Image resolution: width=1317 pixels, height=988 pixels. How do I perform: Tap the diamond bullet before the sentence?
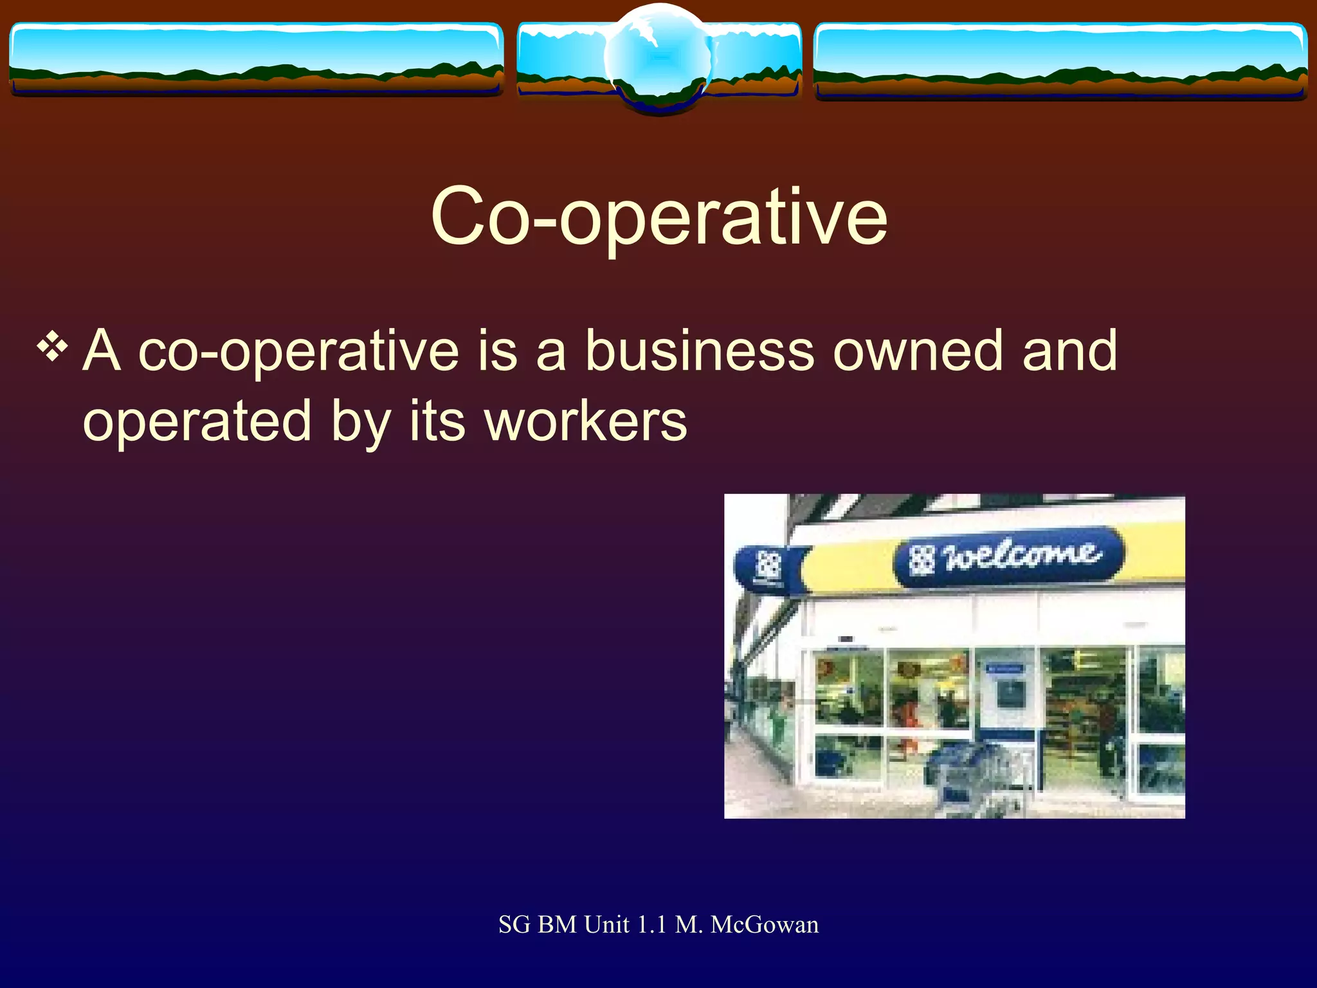52,348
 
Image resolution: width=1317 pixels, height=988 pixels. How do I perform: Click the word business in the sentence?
699,351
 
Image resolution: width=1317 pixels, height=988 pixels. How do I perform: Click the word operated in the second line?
197,423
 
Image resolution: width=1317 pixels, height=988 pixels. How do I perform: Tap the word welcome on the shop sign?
1022,555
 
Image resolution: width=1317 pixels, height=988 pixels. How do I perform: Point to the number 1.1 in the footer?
651,925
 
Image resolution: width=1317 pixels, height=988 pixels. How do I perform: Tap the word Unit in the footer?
606,925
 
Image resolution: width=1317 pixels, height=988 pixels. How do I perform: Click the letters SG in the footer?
514,925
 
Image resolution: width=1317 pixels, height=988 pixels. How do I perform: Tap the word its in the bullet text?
437,422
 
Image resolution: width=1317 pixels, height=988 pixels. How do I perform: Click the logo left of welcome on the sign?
922,560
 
